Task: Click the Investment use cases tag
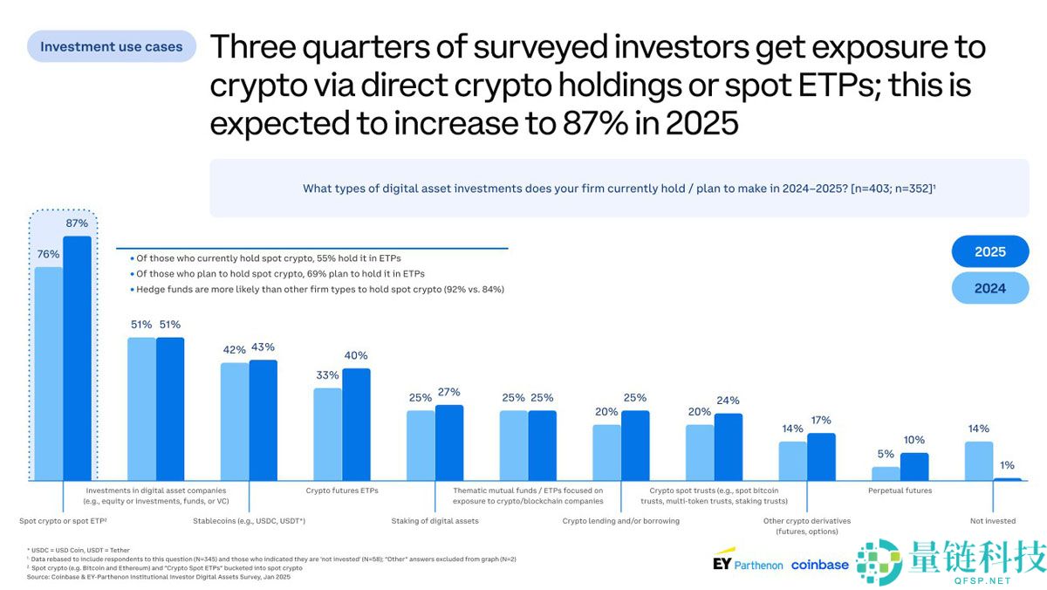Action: (x=111, y=46)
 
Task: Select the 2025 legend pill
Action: (x=990, y=251)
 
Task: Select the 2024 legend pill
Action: (x=990, y=288)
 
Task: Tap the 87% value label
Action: (x=77, y=224)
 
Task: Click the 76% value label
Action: (x=49, y=254)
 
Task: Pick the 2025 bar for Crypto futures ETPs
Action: (x=356, y=424)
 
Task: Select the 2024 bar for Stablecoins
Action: (x=235, y=422)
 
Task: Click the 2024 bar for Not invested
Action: (x=979, y=461)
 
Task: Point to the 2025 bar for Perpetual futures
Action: (x=914, y=467)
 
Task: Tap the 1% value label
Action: (x=1007, y=465)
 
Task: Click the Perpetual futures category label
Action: (x=900, y=491)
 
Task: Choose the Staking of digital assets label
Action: (x=435, y=521)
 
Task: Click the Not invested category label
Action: (x=993, y=521)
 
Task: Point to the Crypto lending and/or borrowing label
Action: (x=620, y=521)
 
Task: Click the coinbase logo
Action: (x=819, y=565)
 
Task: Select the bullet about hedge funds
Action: (x=319, y=289)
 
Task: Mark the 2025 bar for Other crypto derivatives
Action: (x=821, y=456)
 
